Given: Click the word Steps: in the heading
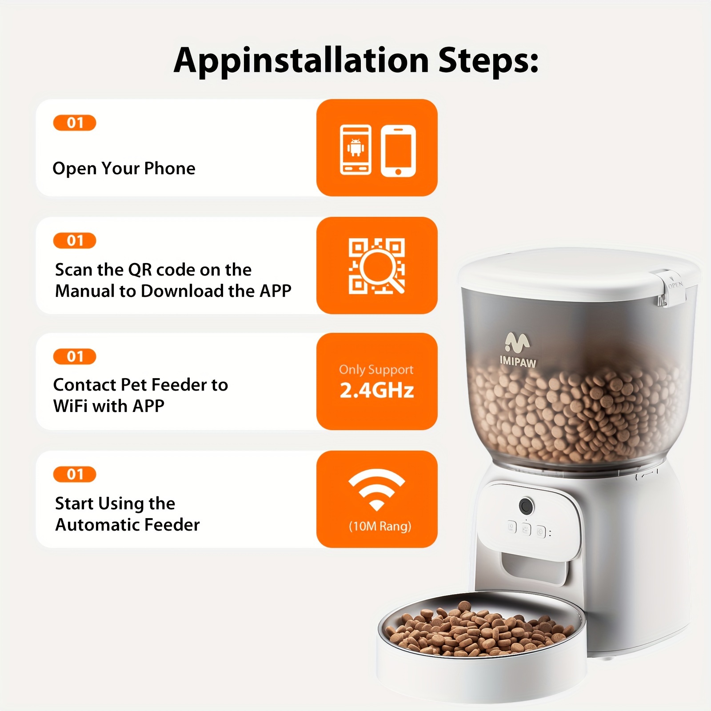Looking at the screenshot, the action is pyautogui.click(x=488, y=60).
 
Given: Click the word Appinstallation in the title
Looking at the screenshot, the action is pyautogui.click(x=301, y=60).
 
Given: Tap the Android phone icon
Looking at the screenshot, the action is pyautogui.click(x=355, y=150).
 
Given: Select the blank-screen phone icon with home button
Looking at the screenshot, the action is pyautogui.click(x=398, y=151).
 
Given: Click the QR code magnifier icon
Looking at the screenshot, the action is pyautogui.click(x=377, y=266).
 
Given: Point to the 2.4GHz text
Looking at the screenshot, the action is pyautogui.click(x=377, y=390).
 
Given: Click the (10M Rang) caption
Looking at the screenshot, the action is pyautogui.click(x=380, y=527).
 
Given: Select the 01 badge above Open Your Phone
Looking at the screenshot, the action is pyautogui.click(x=75, y=123).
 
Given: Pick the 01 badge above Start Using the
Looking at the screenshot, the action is pyautogui.click(x=75, y=474).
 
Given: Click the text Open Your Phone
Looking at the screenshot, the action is pyautogui.click(x=124, y=168).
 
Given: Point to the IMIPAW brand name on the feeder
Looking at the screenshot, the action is pyautogui.click(x=518, y=361).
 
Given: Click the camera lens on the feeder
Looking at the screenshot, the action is pyautogui.click(x=526, y=506).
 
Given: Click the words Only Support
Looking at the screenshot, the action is pyautogui.click(x=376, y=370).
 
